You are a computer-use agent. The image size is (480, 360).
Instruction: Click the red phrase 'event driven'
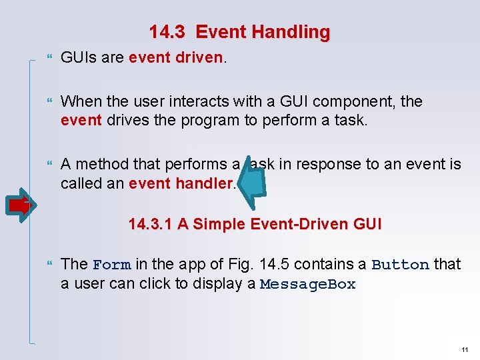coord(176,58)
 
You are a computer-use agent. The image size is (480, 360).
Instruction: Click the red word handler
coord(206,183)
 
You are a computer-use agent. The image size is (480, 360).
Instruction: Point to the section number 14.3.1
coord(150,224)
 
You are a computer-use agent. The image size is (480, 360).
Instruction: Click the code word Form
coord(111,265)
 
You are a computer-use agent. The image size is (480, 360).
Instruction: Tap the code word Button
coord(400,265)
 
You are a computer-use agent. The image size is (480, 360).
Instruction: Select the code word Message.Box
coord(308,285)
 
